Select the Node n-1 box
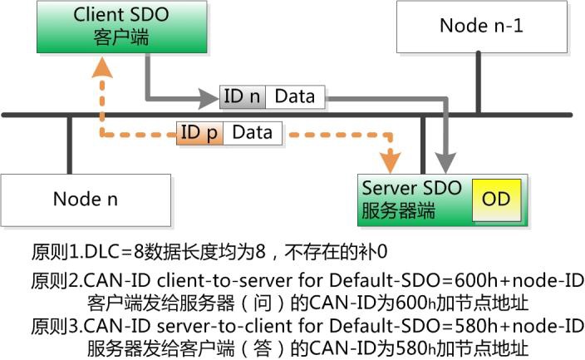click(x=481, y=27)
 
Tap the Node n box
click(x=86, y=199)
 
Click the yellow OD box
click(x=496, y=200)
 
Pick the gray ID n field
click(x=242, y=96)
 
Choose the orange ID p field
click(x=200, y=132)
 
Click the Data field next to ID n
click(x=295, y=96)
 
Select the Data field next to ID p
click(x=253, y=132)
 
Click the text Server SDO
click(x=410, y=189)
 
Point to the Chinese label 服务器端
click(x=398, y=210)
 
